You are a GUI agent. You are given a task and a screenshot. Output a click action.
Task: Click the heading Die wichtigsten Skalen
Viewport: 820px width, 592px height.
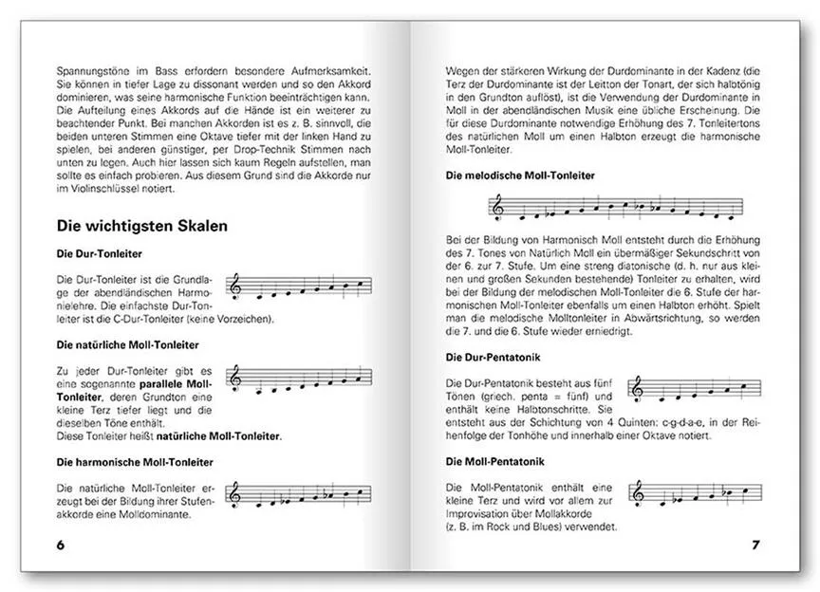(141, 228)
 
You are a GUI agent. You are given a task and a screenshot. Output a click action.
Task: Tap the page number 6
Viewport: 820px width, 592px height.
(62, 546)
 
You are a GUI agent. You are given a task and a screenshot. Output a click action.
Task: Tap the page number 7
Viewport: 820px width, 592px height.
(755, 546)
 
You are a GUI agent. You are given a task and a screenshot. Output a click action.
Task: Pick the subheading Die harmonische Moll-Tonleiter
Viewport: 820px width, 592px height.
(132, 462)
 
